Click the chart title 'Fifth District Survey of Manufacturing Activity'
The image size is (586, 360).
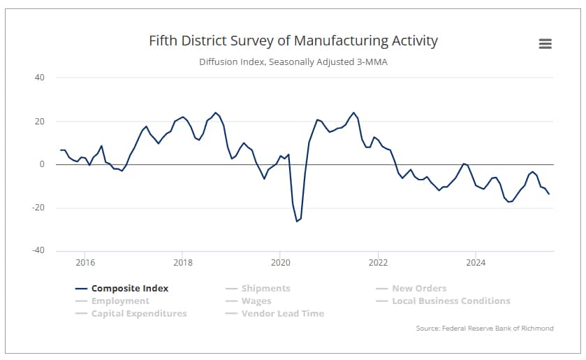(293, 41)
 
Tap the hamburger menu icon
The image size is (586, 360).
(545, 43)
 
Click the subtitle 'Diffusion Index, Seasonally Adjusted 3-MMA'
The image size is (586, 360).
(293, 62)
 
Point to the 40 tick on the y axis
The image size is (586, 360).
(40, 78)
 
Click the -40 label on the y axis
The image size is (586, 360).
(38, 251)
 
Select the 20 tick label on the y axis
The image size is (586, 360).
(40, 121)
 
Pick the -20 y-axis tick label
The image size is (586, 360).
(38, 208)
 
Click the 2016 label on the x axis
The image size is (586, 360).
(85, 263)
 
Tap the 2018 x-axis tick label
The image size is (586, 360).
(182, 263)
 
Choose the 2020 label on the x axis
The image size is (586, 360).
(279, 263)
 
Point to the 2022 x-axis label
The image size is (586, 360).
(378, 263)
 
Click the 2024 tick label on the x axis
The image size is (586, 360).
(475, 263)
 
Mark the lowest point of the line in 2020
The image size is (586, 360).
(297, 221)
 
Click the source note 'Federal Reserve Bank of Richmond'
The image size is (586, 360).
(483, 328)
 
